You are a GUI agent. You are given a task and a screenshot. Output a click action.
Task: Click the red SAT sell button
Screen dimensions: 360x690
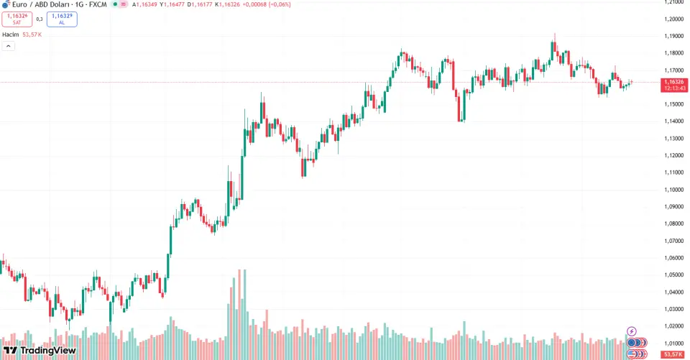pyautogui.click(x=17, y=19)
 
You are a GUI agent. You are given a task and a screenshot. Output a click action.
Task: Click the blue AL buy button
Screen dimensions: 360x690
pyautogui.click(x=62, y=19)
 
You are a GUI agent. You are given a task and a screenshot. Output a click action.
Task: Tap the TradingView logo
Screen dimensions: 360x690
pyautogui.click(x=40, y=351)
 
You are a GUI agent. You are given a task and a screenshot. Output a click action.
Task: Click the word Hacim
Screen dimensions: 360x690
pyautogui.click(x=10, y=34)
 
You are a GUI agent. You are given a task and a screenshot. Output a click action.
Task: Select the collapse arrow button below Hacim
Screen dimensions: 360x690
pyautogui.click(x=9, y=46)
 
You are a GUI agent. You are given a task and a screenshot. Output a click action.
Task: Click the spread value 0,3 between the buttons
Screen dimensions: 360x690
pyautogui.click(x=40, y=19)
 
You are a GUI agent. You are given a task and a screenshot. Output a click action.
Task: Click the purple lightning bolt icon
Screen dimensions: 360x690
pyautogui.click(x=632, y=331)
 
